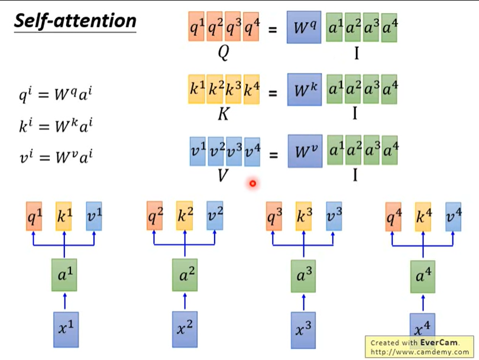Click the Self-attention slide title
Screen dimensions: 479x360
click(75, 21)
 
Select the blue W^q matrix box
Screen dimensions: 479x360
click(303, 28)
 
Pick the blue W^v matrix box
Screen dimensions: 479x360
click(303, 151)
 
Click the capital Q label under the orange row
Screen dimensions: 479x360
click(224, 53)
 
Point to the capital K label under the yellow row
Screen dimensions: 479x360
click(224, 114)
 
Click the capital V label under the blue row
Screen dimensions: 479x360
click(224, 176)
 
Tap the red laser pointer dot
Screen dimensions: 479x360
click(253, 184)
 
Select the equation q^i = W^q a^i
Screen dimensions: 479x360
click(56, 95)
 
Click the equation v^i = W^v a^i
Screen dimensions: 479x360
click(56, 157)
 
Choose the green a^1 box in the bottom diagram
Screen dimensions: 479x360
click(64, 275)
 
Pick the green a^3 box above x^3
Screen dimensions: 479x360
click(304, 275)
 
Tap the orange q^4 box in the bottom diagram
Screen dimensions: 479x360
click(393, 216)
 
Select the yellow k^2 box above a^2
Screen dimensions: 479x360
click(185, 216)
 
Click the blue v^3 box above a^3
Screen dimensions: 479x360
click(334, 216)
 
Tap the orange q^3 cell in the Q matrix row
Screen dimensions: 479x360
click(233, 28)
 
